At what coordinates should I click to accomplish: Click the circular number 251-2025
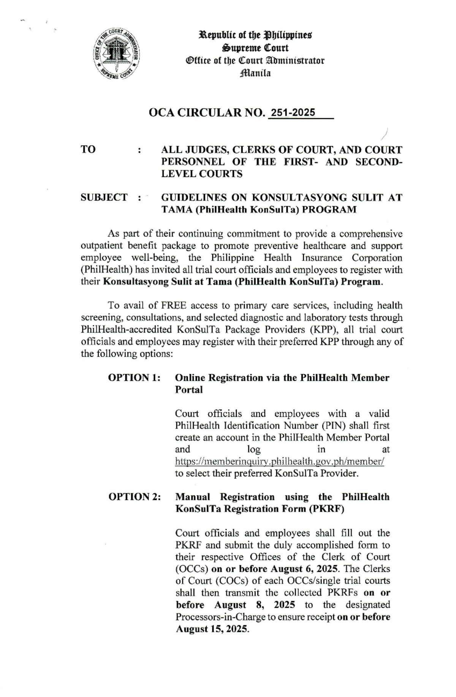coord(292,112)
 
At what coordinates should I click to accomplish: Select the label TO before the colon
coord(88,150)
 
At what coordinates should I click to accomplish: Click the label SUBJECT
coord(104,197)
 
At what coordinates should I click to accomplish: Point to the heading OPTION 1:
coord(134,378)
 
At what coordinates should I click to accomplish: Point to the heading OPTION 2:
coord(134,497)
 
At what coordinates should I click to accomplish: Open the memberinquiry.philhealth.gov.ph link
coord(280,462)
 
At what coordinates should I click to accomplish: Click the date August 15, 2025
coord(212,629)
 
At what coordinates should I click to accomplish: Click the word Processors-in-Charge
coord(220,617)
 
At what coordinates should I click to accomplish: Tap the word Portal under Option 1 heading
coord(188,390)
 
